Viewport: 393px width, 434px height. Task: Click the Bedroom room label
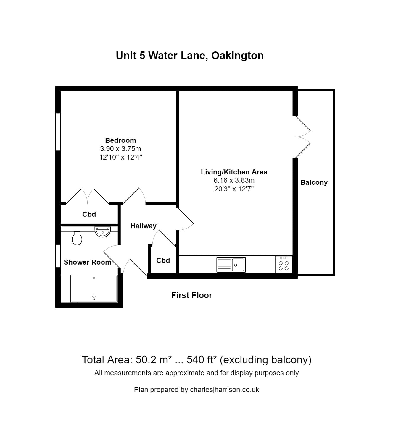point(120,140)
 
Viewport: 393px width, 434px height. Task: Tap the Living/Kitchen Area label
point(234,172)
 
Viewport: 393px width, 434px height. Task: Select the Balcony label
point(314,182)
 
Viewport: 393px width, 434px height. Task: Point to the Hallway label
point(143,226)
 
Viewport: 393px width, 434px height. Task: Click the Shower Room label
point(87,262)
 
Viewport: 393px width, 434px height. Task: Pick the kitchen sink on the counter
point(231,265)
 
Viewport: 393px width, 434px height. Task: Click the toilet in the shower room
point(77,238)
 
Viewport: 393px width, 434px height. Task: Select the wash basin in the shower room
point(102,231)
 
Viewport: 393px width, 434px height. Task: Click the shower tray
point(94,289)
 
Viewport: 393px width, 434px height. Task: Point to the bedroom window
point(58,132)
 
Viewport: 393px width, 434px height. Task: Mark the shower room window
point(58,256)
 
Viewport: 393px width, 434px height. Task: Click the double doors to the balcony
point(302,137)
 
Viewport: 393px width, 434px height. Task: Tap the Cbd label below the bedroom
point(89,214)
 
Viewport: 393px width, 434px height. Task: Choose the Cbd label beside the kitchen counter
point(163,260)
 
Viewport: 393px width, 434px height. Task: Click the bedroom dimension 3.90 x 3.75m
point(120,149)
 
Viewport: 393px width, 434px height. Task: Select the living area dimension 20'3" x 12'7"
point(234,189)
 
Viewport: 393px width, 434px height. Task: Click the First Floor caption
point(191,295)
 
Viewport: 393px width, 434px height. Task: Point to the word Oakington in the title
point(237,56)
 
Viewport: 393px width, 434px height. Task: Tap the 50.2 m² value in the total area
point(154,360)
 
